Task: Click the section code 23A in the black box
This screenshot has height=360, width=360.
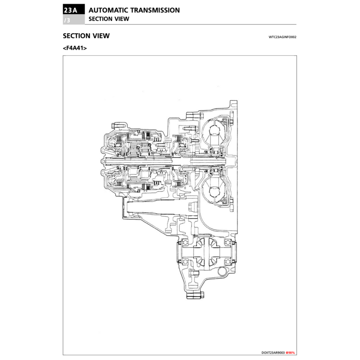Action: click(73, 10)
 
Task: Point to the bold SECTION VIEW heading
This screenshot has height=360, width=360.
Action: click(86, 36)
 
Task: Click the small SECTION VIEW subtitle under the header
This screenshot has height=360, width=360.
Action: click(109, 19)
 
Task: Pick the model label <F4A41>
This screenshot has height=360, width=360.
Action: click(75, 48)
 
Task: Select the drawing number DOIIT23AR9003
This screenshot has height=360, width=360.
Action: click(273, 352)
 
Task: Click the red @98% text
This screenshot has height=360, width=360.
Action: click(290, 352)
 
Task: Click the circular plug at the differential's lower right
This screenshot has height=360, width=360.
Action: click(221, 271)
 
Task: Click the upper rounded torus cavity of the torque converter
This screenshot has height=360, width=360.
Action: click(214, 134)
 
